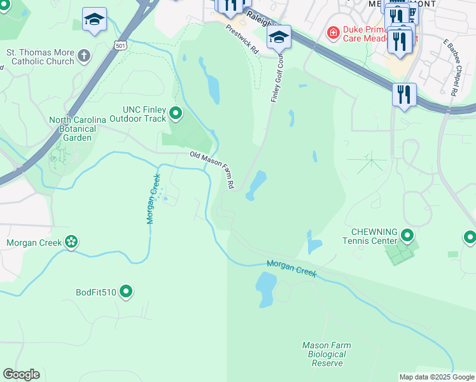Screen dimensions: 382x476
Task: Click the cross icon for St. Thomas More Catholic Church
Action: click(84, 57)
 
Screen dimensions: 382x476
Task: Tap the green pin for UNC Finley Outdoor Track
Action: click(176, 114)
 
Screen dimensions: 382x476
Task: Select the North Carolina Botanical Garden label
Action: click(73, 129)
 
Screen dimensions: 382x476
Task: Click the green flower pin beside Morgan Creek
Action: click(71, 241)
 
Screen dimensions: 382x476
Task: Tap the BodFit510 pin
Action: click(126, 292)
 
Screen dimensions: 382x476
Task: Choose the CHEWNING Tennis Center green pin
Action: click(407, 237)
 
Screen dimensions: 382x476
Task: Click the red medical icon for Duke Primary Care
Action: click(332, 32)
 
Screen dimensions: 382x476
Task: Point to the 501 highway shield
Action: click(120, 45)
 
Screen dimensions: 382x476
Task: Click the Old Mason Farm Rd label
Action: click(213, 169)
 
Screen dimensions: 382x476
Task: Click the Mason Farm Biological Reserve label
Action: click(326, 354)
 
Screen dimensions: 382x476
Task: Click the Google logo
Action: click(21, 374)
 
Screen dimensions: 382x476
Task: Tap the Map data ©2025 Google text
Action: click(436, 377)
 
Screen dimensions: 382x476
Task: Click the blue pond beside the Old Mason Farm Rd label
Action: click(257, 185)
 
